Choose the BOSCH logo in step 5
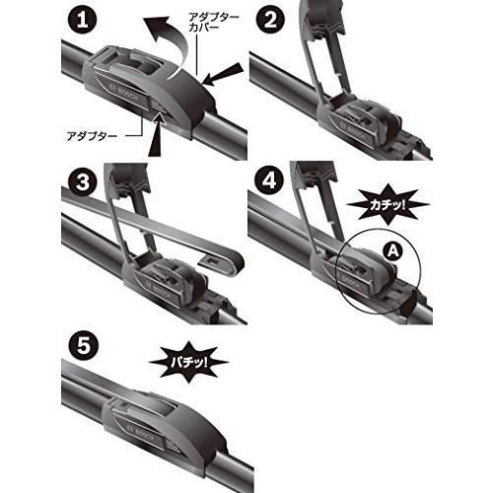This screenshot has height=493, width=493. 134,433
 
